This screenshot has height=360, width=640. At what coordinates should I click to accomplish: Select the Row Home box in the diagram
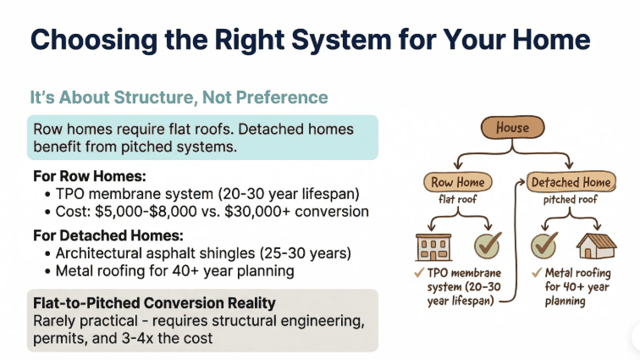[458, 181]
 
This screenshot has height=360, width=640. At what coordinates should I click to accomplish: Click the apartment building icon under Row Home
[432, 246]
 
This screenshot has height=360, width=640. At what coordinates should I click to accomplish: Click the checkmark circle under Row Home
[488, 246]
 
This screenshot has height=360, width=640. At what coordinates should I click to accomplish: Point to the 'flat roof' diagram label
[458, 200]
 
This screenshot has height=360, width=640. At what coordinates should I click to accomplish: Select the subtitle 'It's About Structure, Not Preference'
[179, 97]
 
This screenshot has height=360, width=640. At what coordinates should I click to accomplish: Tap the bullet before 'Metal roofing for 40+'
[47, 270]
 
